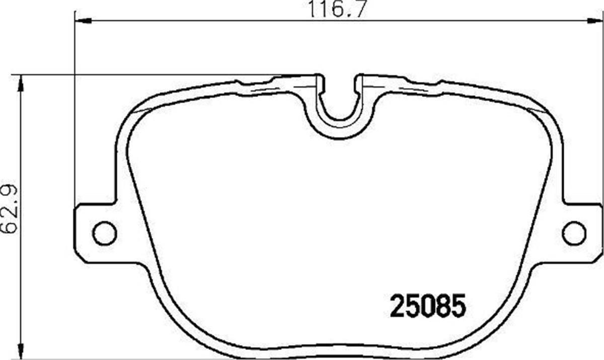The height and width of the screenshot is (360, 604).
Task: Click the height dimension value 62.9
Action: pos(11,208)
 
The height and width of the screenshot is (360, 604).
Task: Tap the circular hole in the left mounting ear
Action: pos(105,233)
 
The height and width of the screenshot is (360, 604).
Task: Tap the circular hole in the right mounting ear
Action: pos(573,233)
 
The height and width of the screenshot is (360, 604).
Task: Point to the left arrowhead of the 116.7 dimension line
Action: pos(83,21)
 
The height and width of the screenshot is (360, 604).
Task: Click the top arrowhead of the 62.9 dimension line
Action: pos(20,83)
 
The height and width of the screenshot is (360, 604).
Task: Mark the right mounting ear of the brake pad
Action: pos(579,233)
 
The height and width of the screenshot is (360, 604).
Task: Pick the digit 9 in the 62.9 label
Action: pos(11,191)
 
